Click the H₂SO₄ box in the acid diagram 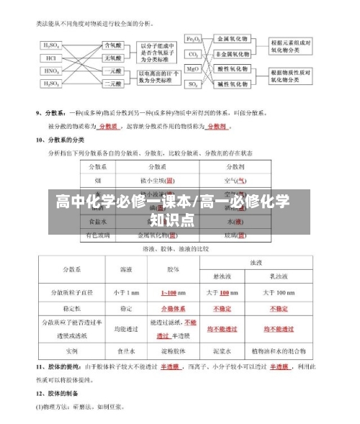click(x=53, y=45)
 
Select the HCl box click(x=51, y=58)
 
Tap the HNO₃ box click(x=53, y=71)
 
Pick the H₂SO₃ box click(x=53, y=84)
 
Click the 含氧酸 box click(x=113, y=45)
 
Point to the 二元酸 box click(x=113, y=84)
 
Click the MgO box click(x=194, y=69)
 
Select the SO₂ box click(x=194, y=84)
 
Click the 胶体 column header click(x=173, y=269)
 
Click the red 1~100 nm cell click(x=173, y=293)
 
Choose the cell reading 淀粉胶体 click(x=173, y=351)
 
